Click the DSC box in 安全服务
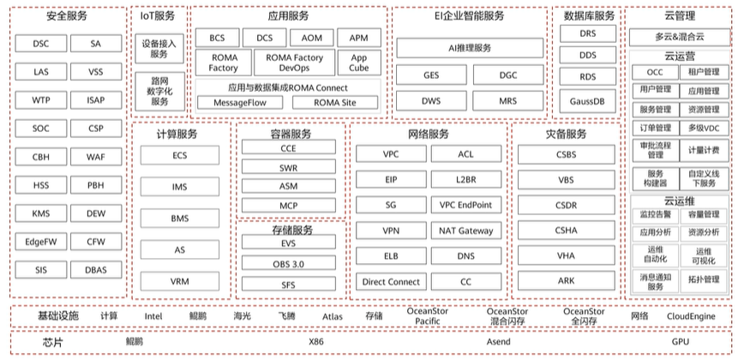(x=40, y=44)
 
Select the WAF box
(x=96, y=157)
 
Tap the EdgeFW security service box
(x=40, y=242)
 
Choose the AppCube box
(x=358, y=62)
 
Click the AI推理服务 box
(x=469, y=47)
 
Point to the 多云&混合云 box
(x=680, y=38)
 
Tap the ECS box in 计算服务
(x=179, y=155)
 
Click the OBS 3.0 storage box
(x=289, y=262)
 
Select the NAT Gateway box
(x=465, y=231)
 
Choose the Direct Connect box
(x=390, y=281)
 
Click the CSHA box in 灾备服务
(x=566, y=230)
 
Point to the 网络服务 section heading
(x=427, y=135)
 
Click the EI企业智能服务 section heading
(x=469, y=15)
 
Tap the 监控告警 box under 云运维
(x=655, y=214)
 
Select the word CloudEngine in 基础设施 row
(x=691, y=315)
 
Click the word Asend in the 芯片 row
(x=497, y=342)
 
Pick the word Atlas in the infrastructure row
(x=333, y=315)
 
